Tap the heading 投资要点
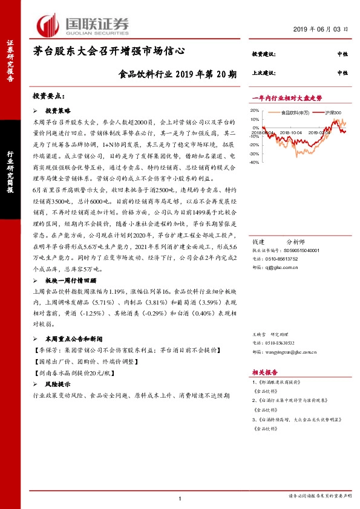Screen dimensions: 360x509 click(48, 96)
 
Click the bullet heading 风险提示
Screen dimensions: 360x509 click(58, 384)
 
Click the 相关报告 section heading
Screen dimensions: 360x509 click(264, 374)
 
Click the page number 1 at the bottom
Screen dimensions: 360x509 click(180, 498)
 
